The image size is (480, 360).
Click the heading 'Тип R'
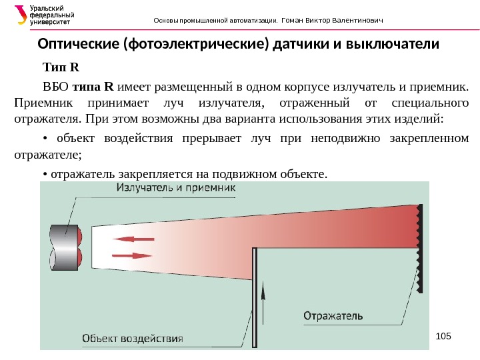coord(61,67)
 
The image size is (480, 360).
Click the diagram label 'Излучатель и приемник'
coord(176,189)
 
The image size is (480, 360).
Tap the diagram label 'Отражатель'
coord(333,314)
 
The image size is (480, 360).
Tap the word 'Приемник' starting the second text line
coord(37,103)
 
